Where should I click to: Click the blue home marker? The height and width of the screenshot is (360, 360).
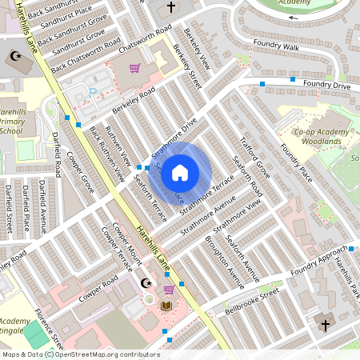pyautogui.click(x=180, y=173)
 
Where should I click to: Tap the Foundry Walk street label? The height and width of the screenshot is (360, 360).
pyautogui.click(x=274, y=47)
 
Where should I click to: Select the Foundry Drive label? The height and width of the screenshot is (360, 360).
pyautogui.click(x=326, y=84)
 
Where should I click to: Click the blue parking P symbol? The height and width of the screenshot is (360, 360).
pyautogui.click(x=93, y=92)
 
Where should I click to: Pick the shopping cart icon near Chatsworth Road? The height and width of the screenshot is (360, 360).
pyautogui.click(x=134, y=69)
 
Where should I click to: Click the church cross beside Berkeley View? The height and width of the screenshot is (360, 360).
pyautogui.click(x=170, y=8)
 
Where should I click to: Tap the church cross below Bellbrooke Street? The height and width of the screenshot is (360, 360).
pyautogui.click(x=325, y=326)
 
